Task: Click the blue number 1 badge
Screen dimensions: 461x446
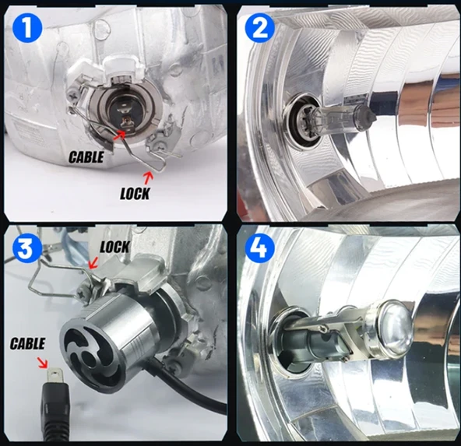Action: pyautogui.click(x=27, y=29)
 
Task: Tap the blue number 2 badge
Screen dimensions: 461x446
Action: pyautogui.click(x=260, y=27)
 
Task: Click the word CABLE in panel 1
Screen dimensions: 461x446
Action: pyautogui.click(x=86, y=157)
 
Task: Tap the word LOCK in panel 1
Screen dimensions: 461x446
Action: pyautogui.click(x=135, y=194)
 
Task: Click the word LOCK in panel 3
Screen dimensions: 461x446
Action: pyautogui.click(x=114, y=247)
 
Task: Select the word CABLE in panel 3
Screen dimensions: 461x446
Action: pyautogui.click(x=27, y=343)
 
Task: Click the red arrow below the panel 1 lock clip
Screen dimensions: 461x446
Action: pyautogui.click(x=149, y=178)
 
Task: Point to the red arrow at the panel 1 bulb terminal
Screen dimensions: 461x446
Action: pyautogui.click(x=119, y=135)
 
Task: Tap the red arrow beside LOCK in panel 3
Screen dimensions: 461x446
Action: pyautogui.click(x=93, y=262)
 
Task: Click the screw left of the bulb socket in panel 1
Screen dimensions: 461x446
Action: pyautogui.click(x=72, y=95)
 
